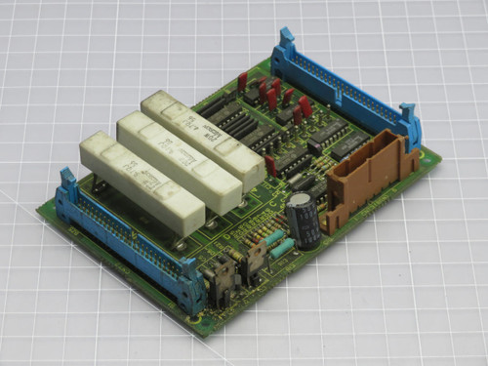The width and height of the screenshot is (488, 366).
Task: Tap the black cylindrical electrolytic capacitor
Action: (x=303, y=221)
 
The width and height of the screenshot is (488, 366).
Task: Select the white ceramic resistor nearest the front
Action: (x=141, y=181)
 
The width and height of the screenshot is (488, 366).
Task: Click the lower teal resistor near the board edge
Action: (x=282, y=250)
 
